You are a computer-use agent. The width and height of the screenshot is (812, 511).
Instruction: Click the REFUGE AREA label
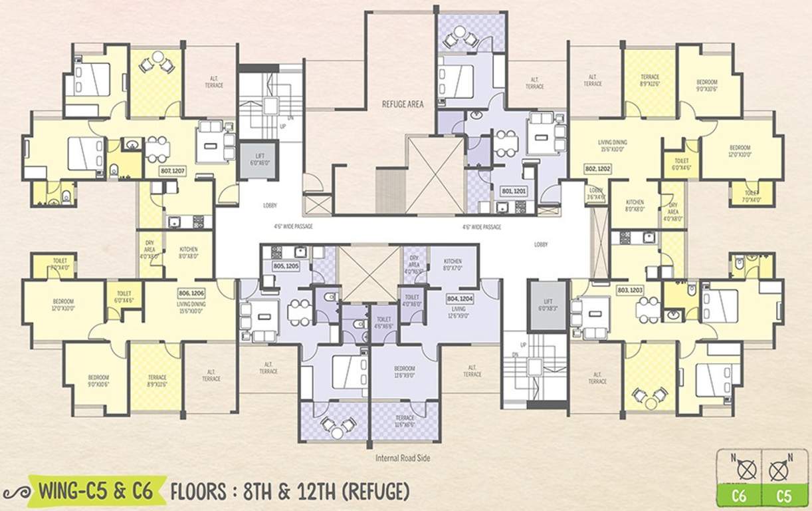click(402, 104)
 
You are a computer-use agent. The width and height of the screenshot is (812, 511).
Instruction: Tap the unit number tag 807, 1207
click(173, 171)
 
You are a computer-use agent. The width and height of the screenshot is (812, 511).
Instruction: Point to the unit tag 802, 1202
click(597, 169)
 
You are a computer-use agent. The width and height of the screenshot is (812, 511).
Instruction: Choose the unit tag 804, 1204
click(460, 299)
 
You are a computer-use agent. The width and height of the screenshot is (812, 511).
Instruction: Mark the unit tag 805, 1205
click(286, 265)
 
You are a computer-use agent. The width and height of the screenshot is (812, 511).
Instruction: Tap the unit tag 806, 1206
click(191, 293)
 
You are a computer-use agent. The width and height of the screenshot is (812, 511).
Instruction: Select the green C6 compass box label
click(739, 496)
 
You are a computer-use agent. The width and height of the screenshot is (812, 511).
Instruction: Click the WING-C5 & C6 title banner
click(95, 493)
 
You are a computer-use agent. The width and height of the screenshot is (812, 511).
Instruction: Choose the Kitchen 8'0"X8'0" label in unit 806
click(188, 252)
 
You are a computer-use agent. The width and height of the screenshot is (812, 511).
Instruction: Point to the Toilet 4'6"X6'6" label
click(384, 323)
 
